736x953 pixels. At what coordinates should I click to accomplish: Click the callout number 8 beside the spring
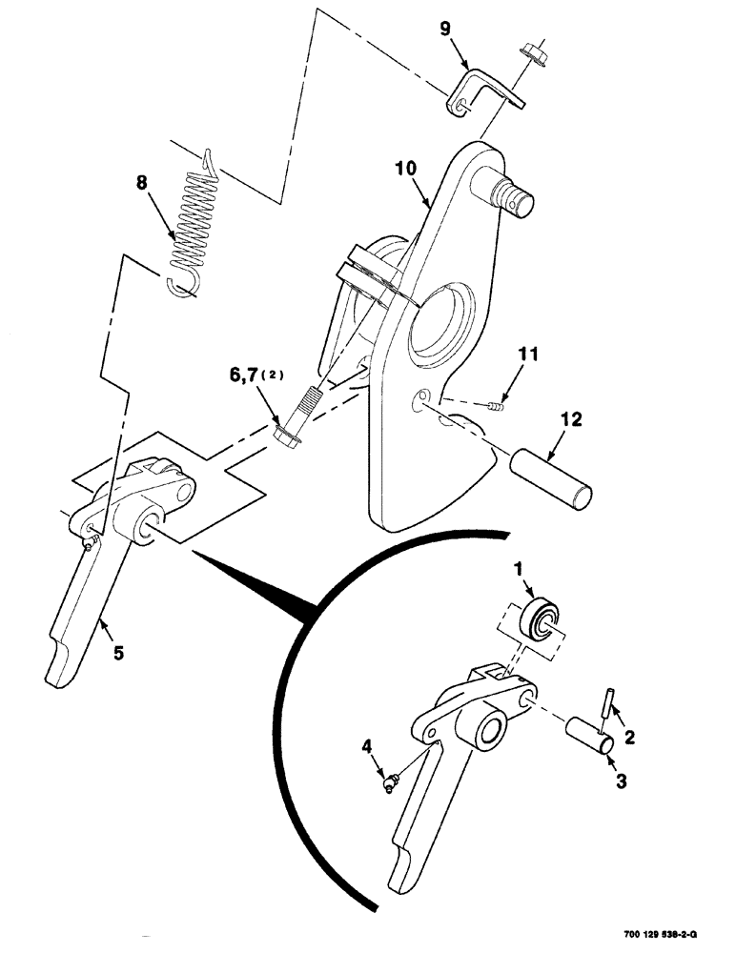click(x=141, y=184)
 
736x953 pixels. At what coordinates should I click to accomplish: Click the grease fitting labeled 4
click(x=387, y=783)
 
